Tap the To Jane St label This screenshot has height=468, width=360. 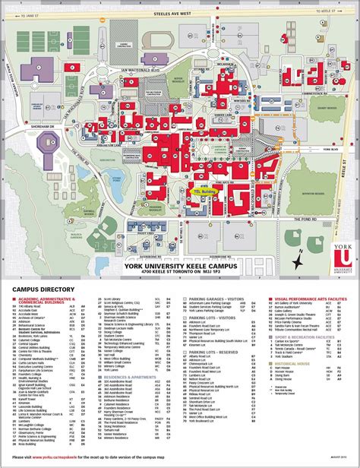point(31,14)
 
